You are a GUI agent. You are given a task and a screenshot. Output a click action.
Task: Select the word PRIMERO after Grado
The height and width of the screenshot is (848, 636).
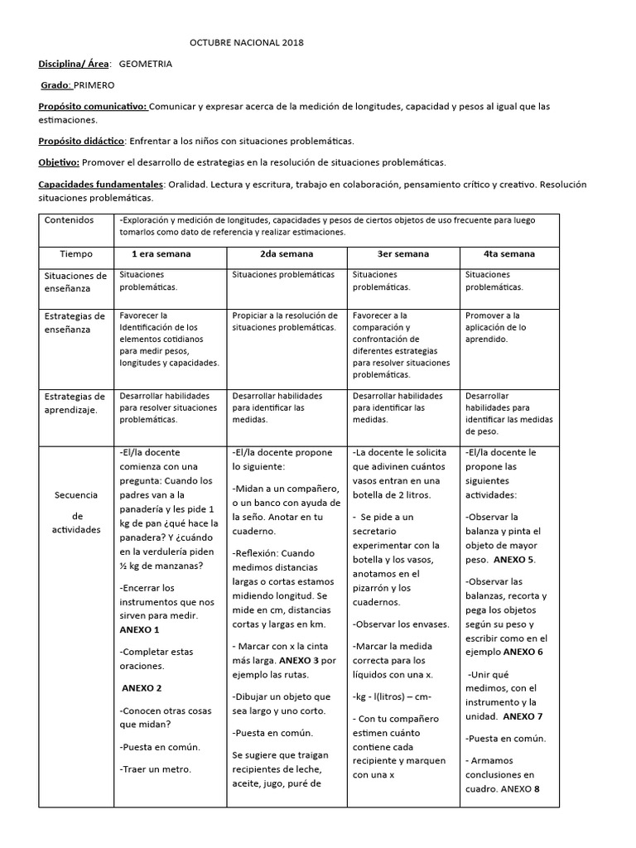(94, 84)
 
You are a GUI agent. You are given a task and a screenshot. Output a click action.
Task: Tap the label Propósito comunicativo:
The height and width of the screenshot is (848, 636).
(93, 106)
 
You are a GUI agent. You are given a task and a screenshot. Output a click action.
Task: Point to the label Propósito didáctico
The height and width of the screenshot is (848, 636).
(81, 141)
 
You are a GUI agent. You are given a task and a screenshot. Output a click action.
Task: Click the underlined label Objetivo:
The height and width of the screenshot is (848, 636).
(59, 162)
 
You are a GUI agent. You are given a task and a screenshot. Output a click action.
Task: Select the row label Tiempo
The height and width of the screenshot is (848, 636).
(77, 254)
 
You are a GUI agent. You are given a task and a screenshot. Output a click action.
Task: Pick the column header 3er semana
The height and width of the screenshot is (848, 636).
(403, 254)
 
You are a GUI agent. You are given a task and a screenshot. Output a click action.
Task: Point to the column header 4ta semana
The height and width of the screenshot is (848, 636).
(509, 254)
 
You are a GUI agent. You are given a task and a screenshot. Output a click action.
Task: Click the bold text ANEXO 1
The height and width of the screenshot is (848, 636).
(140, 630)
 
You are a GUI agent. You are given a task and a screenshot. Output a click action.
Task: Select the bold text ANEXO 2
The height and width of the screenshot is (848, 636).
(142, 688)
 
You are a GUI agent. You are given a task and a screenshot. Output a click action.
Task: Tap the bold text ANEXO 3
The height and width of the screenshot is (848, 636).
(299, 660)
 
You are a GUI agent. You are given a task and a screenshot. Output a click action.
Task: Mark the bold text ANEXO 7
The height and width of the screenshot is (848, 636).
(523, 716)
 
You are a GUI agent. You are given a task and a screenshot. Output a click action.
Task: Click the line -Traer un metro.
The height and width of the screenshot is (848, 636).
(156, 768)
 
